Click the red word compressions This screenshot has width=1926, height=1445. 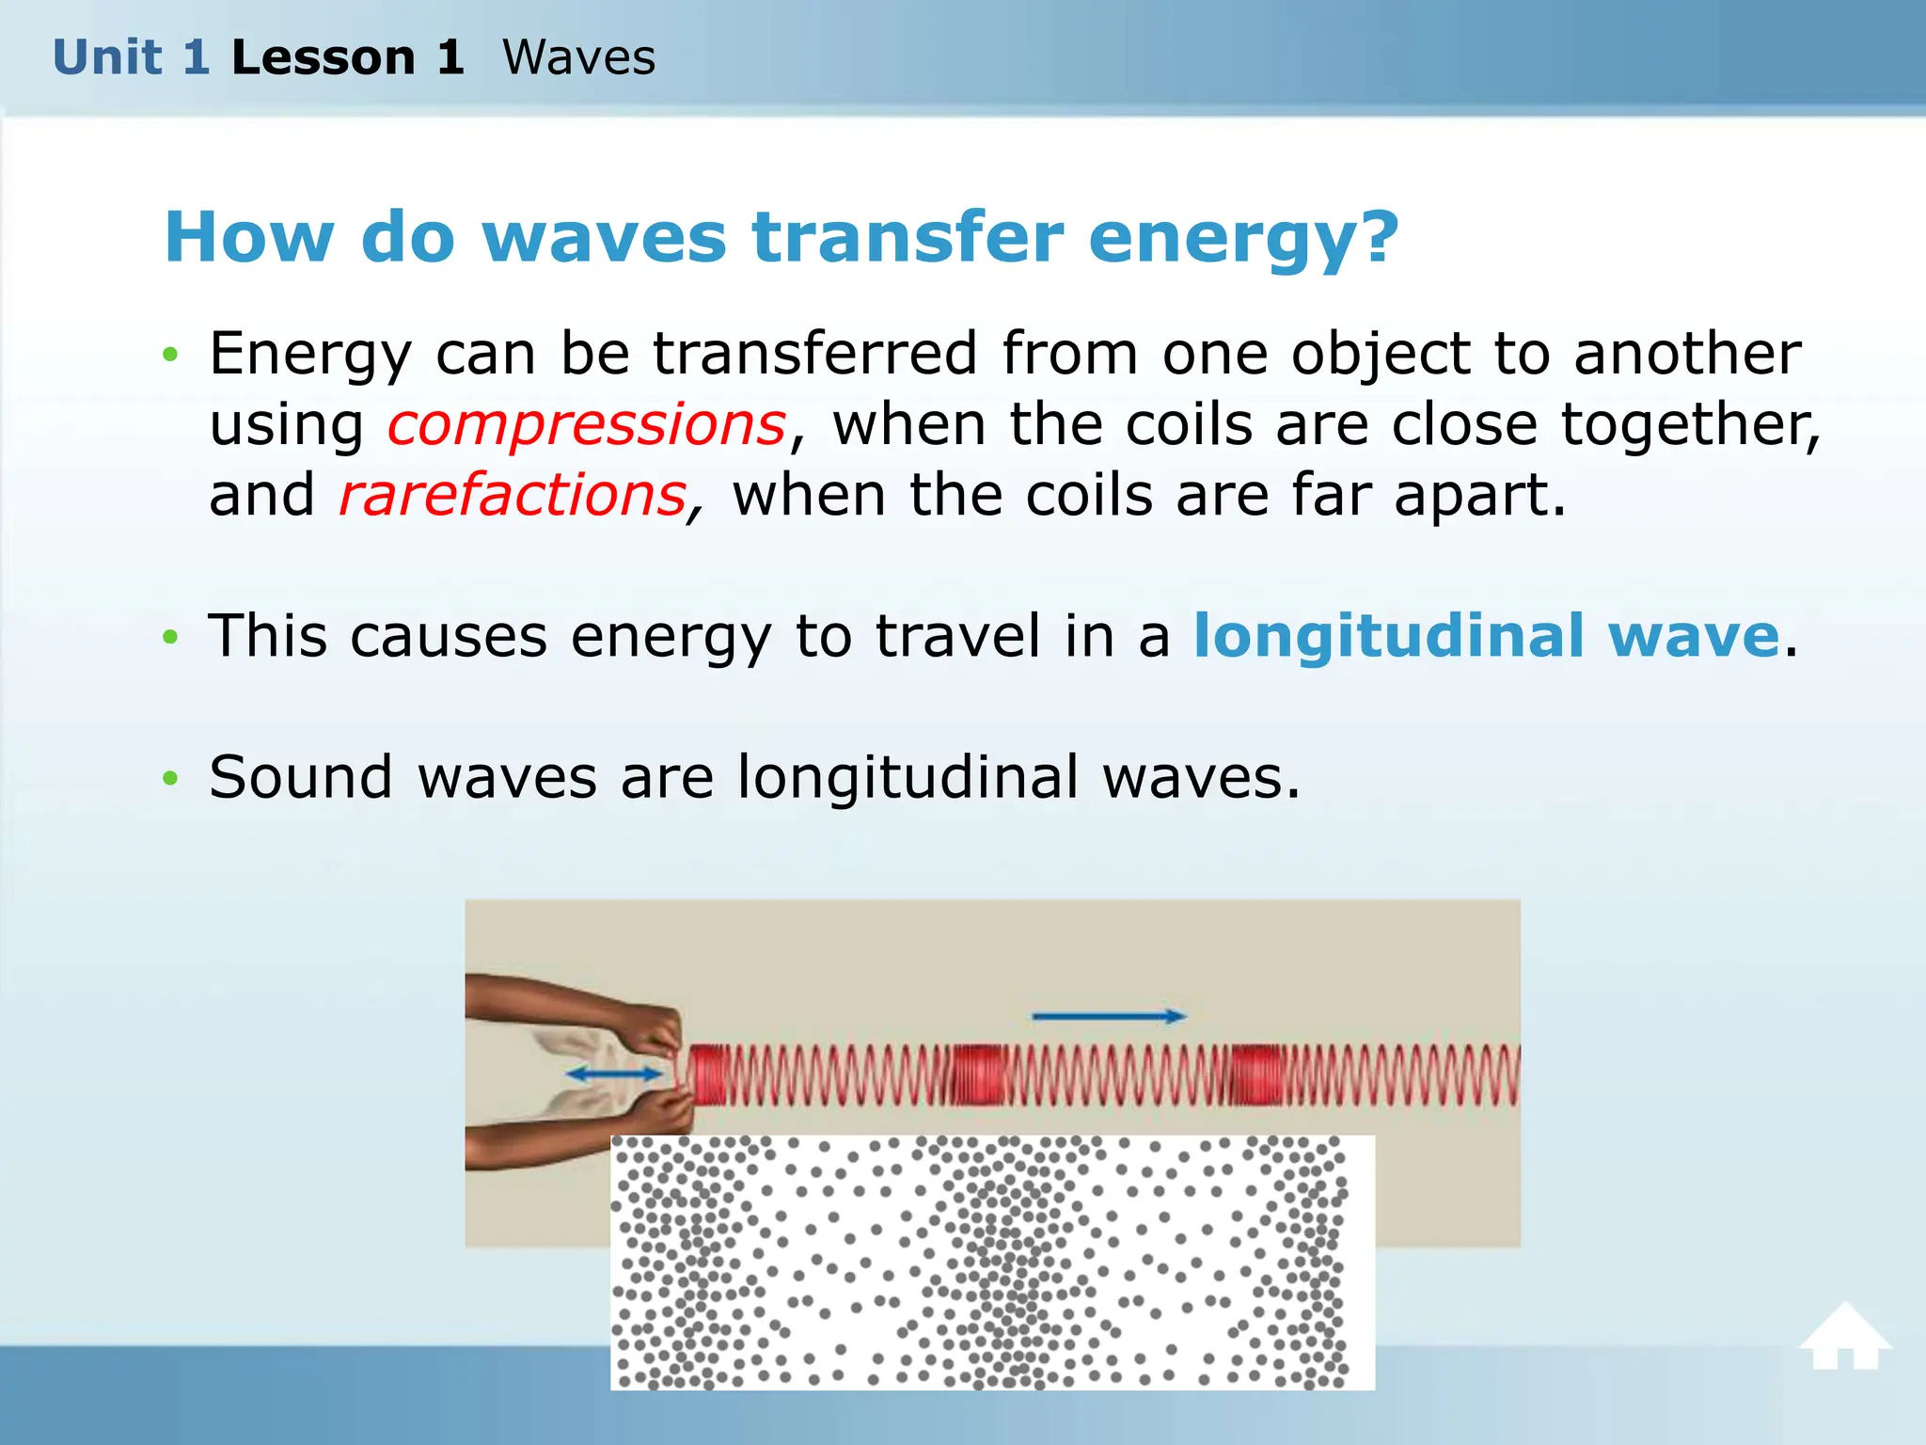pos(587,425)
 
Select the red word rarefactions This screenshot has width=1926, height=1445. pos(513,496)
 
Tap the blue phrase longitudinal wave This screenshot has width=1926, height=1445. pos(1486,637)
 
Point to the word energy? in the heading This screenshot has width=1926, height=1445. pos(1243,239)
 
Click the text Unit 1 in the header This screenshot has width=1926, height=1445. pos(130,57)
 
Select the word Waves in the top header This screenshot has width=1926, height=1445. pos(578,57)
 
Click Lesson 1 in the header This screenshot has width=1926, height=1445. pos(348,57)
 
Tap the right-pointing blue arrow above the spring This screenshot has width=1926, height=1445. pos(1109,1016)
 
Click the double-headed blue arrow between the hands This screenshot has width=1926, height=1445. pos(614,1074)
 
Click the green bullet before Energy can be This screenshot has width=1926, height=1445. pos(169,355)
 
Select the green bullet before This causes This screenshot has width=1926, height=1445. pos(169,638)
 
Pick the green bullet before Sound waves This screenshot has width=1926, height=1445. pos(169,779)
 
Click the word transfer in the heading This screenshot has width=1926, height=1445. pos(908,237)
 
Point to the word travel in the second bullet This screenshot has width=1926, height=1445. pos(957,637)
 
